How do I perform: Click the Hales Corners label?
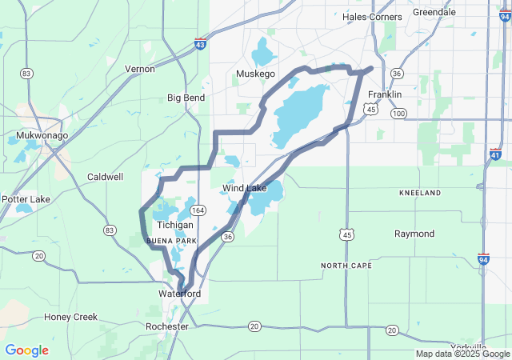coord(372,17)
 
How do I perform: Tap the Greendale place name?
coord(434,12)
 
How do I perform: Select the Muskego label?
coord(255,74)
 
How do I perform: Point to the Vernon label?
coord(140,69)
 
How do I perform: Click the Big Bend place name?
coord(186,98)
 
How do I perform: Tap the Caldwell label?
coord(105,176)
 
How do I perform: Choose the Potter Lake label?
coord(26,198)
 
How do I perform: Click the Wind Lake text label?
coord(245,188)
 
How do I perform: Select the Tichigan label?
coord(175,226)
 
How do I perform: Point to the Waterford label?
coord(179,294)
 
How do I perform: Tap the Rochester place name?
coord(167,326)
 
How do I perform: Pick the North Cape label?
coord(346,265)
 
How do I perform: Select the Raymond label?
coord(414,234)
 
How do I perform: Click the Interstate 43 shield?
coord(200,45)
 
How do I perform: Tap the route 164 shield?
coord(198,210)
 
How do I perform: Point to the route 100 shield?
coord(398,114)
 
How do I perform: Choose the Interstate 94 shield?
coord(483,259)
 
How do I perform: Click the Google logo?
coord(26,350)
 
